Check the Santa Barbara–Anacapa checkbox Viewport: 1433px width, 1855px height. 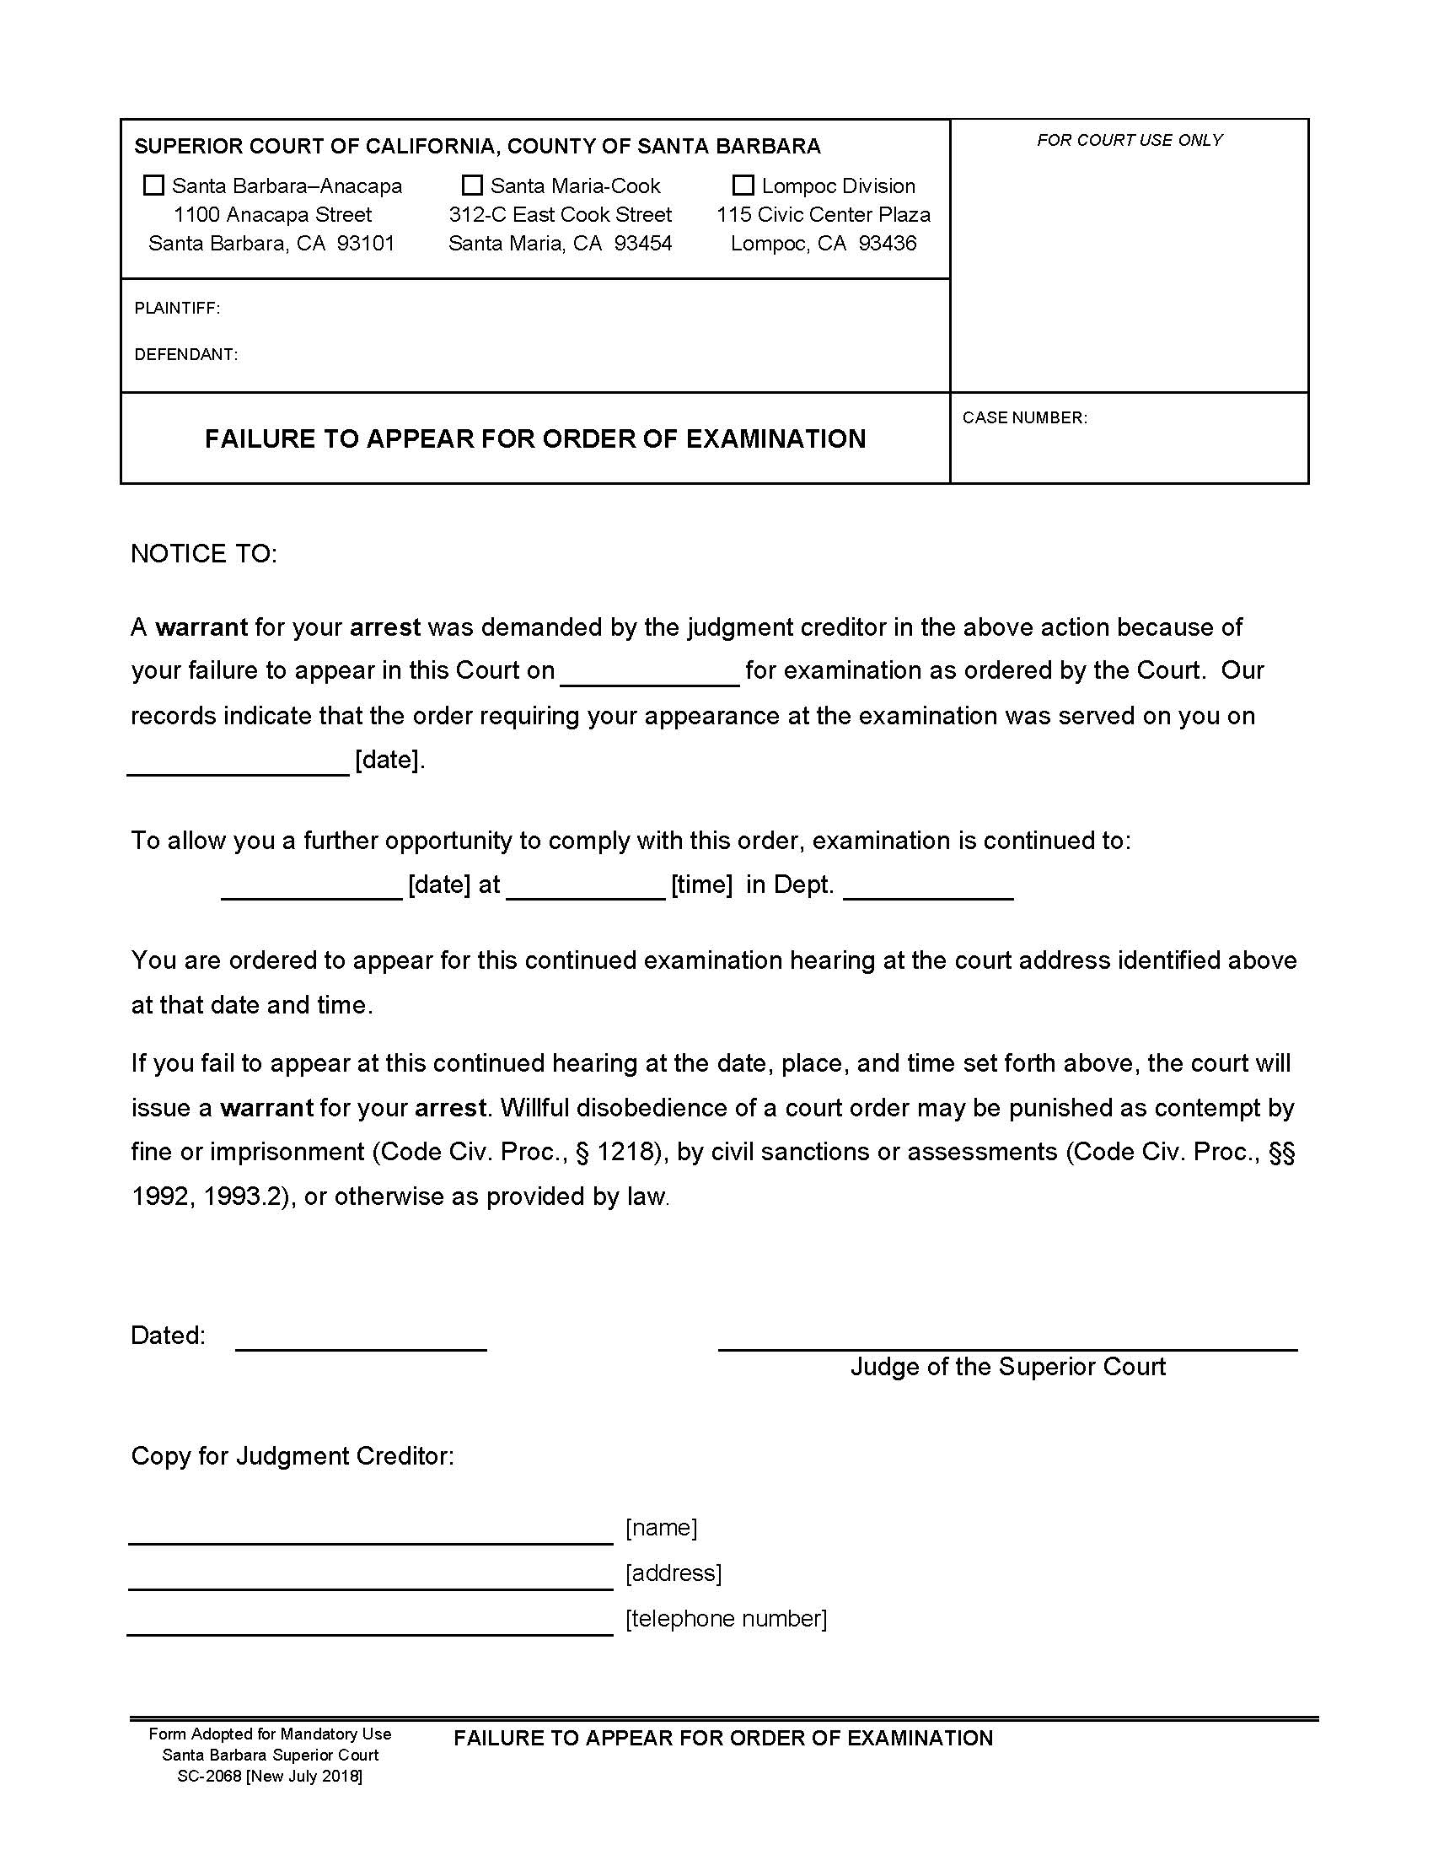tap(153, 185)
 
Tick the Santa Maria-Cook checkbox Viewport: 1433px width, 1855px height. tap(472, 185)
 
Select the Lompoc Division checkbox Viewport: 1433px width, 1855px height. tap(743, 185)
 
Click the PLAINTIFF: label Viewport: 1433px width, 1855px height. tap(177, 309)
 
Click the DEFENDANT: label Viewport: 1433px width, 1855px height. tap(186, 354)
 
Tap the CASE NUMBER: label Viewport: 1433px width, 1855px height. tap(1024, 418)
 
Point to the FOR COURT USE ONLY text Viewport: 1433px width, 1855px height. tap(1129, 140)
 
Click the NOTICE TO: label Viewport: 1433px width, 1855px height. tap(204, 554)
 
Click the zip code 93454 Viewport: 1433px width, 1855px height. tap(642, 244)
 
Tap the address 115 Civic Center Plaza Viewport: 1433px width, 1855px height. tap(823, 215)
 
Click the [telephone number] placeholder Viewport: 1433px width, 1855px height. tap(726, 1619)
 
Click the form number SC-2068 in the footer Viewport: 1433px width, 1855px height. tap(209, 1777)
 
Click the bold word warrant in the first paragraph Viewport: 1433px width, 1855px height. tap(201, 627)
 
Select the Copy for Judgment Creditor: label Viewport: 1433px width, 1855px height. tap(292, 1456)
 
